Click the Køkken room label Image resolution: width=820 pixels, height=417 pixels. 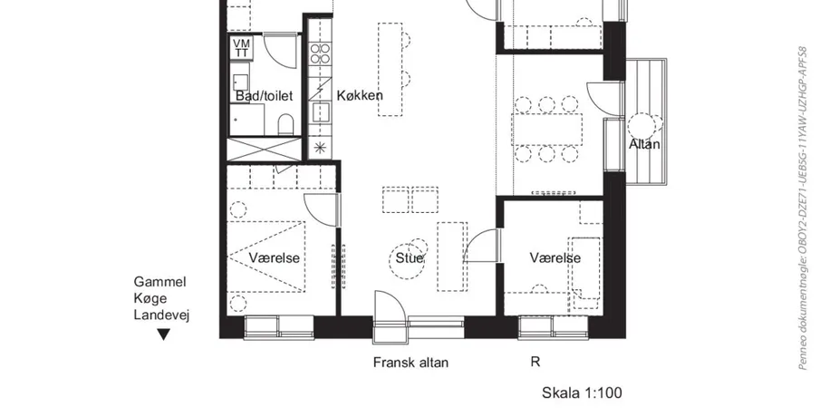point(360,95)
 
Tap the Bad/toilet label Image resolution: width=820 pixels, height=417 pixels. point(264,96)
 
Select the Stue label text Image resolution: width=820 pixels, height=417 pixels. point(410,257)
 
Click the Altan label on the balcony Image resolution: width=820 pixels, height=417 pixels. point(643,144)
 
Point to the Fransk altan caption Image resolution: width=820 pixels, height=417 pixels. point(410,363)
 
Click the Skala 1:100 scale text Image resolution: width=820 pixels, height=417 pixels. point(582,393)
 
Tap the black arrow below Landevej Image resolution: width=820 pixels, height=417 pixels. point(164,334)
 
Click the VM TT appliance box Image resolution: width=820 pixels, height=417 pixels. point(242,48)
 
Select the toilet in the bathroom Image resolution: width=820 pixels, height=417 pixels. point(285,125)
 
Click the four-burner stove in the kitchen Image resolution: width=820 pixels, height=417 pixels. point(320,53)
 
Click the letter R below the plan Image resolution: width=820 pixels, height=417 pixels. point(535,362)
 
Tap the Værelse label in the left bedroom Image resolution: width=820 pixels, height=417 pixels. point(274,257)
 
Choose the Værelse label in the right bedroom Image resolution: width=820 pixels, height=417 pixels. point(555,257)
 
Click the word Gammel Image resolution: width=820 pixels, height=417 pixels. point(160,282)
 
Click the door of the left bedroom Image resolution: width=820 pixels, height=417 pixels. point(322,209)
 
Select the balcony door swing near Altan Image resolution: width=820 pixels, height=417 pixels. point(604,99)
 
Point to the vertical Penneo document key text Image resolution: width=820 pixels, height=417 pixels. point(803,208)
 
